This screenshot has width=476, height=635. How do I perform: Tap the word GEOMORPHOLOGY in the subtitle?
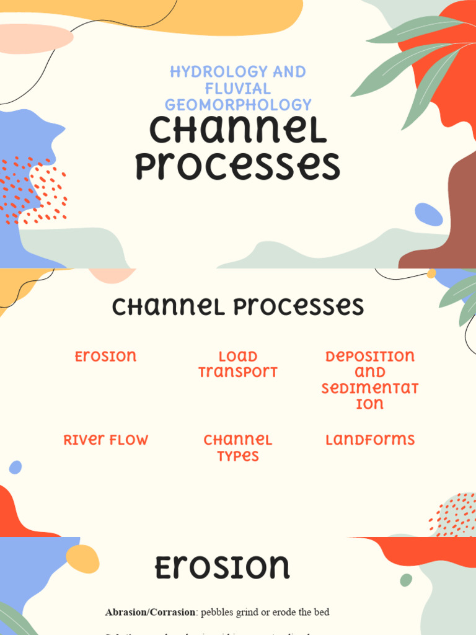pyautogui.click(x=238, y=105)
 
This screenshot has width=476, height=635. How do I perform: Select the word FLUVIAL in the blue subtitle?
pyautogui.click(x=238, y=89)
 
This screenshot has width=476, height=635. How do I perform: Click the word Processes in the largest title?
pyautogui.click(x=238, y=167)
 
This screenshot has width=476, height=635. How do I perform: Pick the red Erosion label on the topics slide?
pyautogui.click(x=105, y=357)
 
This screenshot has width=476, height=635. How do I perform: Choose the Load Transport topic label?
pyautogui.click(x=238, y=364)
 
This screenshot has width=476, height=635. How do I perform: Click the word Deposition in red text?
pyautogui.click(x=370, y=357)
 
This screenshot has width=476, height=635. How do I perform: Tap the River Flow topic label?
pyautogui.click(x=105, y=440)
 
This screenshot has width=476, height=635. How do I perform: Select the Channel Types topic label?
pyautogui.click(x=238, y=448)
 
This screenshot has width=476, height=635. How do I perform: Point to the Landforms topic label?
pyautogui.click(x=370, y=440)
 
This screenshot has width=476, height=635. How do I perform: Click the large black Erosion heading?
pyautogui.click(x=222, y=567)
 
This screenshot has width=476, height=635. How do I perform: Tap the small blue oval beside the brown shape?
pyautogui.click(x=428, y=215)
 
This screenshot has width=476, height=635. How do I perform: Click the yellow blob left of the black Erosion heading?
pyautogui.click(x=82, y=559)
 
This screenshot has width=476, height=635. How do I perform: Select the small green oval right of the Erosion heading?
pyautogui.click(x=406, y=580)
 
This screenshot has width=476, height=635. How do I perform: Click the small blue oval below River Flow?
pyautogui.click(x=15, y=467)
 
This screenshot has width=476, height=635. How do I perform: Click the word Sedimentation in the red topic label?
pyautogui.click(x=370, y=396)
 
